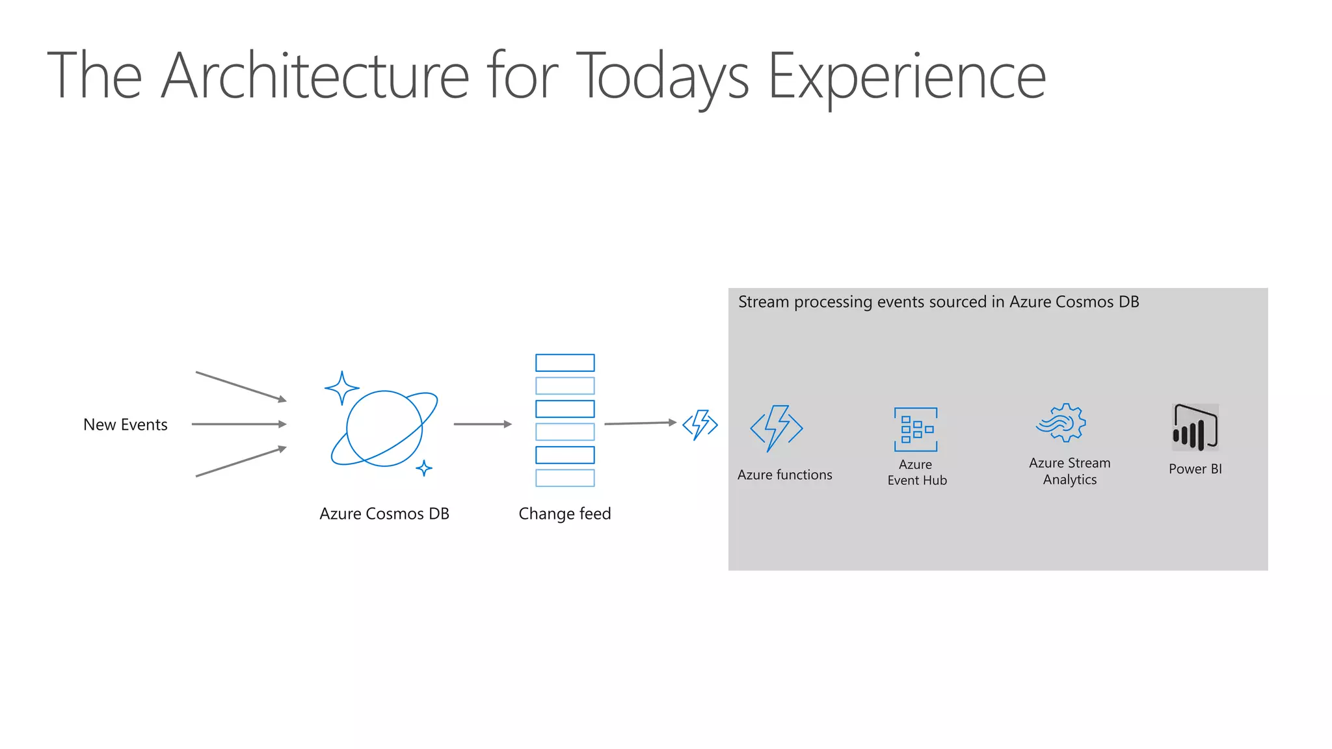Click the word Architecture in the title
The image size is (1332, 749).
click(x=315, y=77)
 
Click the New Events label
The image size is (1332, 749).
click(x=126, y=425)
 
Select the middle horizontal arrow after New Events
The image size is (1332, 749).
click(x=239, y=424)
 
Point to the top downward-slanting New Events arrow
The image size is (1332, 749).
click(x=241, y=386)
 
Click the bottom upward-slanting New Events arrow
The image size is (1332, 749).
click(x=241, y=462)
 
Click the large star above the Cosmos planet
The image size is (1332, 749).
click(x=341, y=388)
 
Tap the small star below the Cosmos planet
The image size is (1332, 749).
click(x=424, y=467)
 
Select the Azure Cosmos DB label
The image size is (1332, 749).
click(x=384, y=514)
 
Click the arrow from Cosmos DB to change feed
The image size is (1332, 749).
click(x=482, y=424)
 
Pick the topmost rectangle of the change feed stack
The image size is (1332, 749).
click(x=565, y=363)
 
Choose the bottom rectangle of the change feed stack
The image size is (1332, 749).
click(x=565, y=478)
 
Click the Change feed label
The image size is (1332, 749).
click(x=565, y=514)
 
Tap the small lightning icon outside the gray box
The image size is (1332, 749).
click(x=700, y=425)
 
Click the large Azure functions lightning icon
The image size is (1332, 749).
click(x=777, y=428)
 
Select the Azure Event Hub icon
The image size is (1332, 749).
click(x=916, y=429)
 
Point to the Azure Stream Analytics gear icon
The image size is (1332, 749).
click(x=1061, y=423)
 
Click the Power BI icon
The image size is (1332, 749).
click(x=1195, y=427)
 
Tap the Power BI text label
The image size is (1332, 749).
click(x=1195, y=469)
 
